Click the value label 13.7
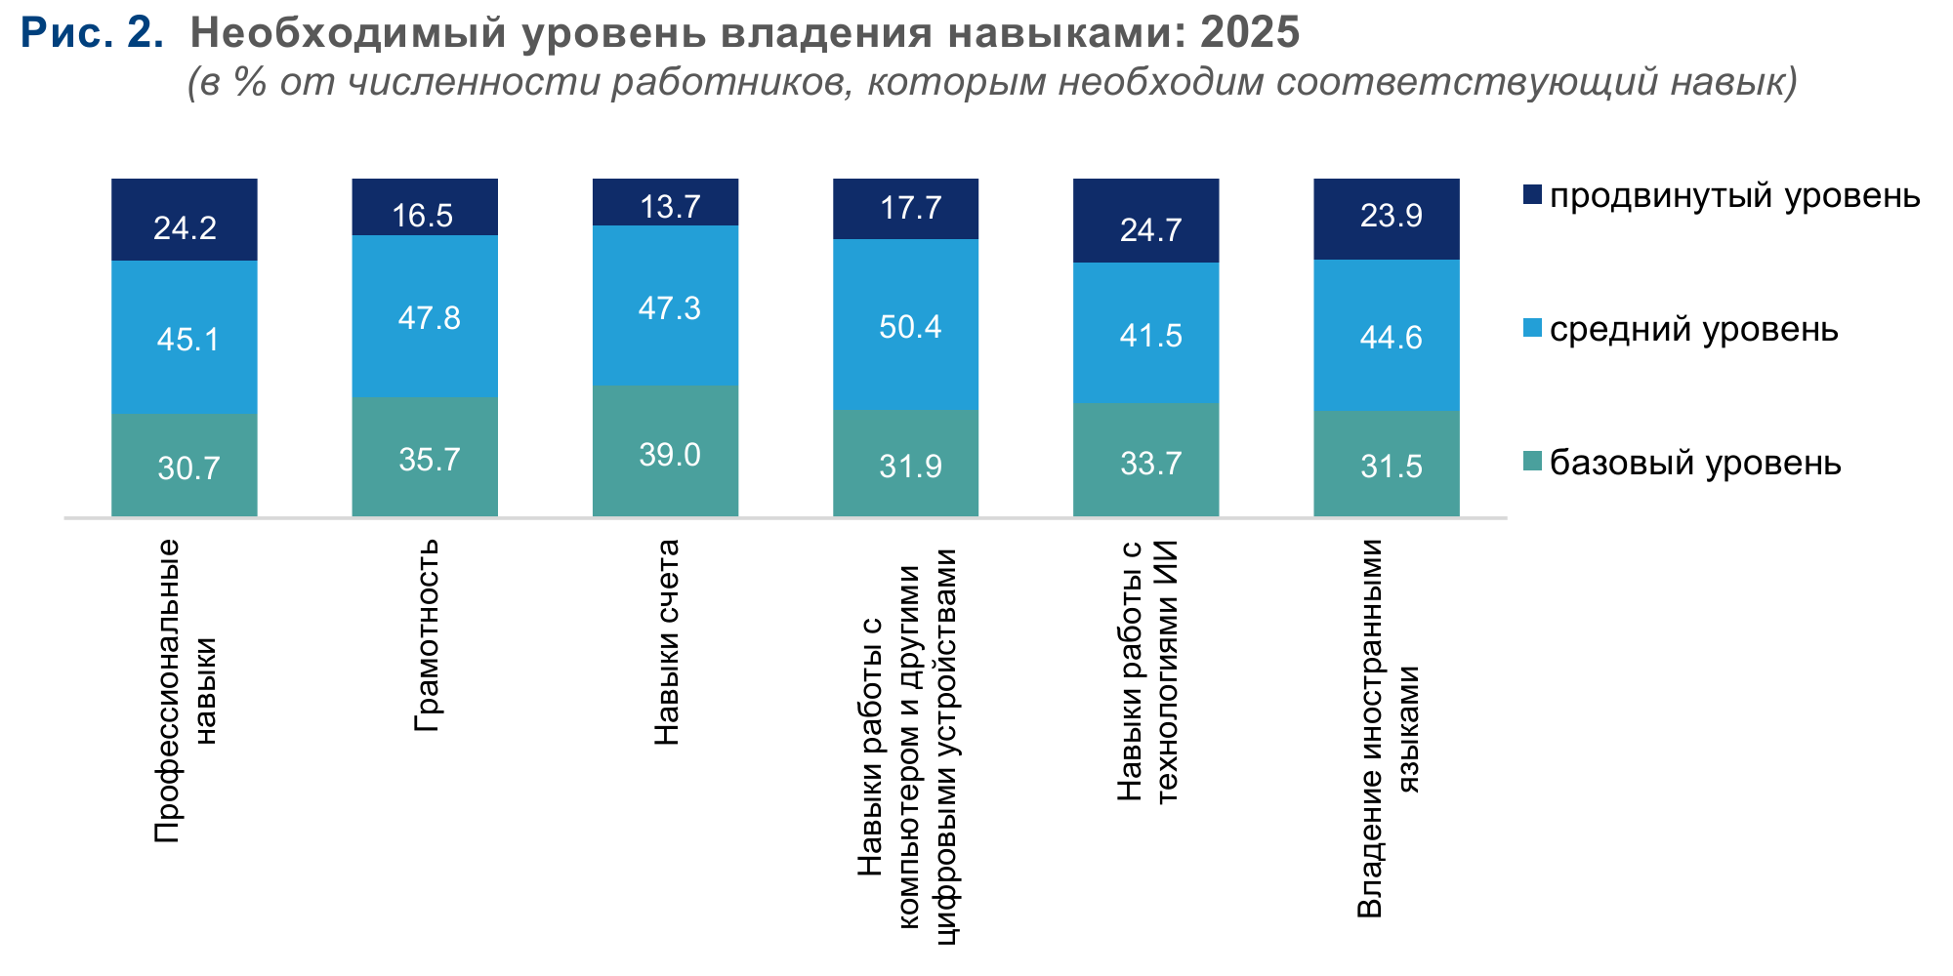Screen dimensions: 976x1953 (670, 207)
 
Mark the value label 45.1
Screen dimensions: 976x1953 (188, 340)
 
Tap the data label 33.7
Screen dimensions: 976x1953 (1151, 463)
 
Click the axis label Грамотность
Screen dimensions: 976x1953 (427, 635)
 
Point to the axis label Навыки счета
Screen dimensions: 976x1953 (666, 642)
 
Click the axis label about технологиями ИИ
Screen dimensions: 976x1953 (1147, 671)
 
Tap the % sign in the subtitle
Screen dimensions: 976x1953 (249, 83)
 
